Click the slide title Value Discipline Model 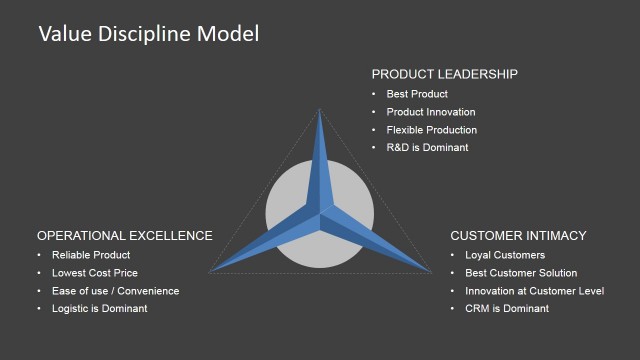148,34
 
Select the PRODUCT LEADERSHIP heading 444,74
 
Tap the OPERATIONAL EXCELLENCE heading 124,236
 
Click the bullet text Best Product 417,94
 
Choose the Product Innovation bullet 431,112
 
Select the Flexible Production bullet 432,130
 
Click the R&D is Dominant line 427,148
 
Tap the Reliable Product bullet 91,255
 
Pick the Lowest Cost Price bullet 95,273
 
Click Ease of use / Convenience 115,291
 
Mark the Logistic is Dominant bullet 99,309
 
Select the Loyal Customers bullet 505,255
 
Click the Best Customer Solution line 521,273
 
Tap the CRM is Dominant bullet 507,309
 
